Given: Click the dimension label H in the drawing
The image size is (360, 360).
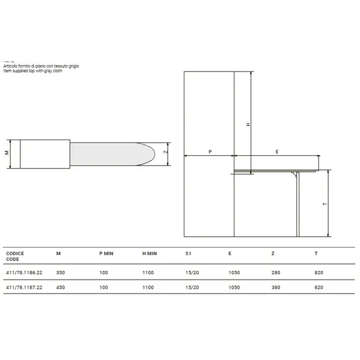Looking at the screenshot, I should (248, 125).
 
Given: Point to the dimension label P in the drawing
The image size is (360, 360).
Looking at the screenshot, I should (209, 152).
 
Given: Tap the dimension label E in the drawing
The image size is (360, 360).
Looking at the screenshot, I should (277, 152).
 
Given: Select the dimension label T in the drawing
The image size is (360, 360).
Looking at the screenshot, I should (324, 204).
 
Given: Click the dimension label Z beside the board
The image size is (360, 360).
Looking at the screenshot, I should (165, 153).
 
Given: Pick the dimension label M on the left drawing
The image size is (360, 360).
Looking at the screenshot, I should (7, 153).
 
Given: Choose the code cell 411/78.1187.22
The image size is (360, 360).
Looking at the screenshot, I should (25, 287).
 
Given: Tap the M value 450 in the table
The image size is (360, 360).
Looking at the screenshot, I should (60, 287).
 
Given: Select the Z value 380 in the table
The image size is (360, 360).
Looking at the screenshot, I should (275, 287).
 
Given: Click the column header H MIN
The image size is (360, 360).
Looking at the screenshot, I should (150, 253).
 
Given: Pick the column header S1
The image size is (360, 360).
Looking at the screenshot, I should (188, 253).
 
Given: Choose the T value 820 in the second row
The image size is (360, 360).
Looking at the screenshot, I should (319, 287).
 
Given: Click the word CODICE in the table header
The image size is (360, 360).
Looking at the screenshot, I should (15, 253).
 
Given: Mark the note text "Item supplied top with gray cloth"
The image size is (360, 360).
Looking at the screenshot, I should (37, 70).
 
